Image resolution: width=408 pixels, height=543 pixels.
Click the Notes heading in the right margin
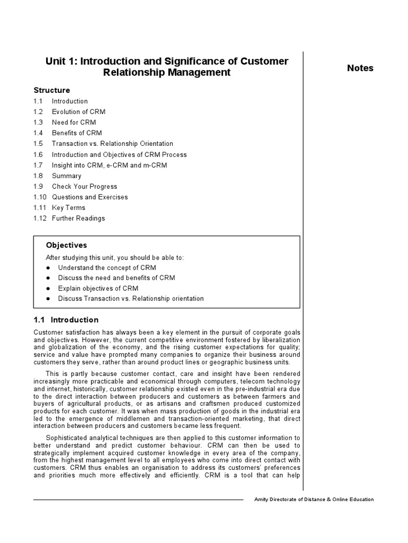click(x=360, y=68)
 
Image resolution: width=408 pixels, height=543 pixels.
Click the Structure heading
click(x=52, y=90)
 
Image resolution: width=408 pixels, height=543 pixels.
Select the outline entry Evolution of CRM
click(x=78, y=112)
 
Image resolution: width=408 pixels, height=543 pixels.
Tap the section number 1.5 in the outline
click(x=38, y=144)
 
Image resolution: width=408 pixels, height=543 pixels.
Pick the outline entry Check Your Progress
click(x=84, y=187)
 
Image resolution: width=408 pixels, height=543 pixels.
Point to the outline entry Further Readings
click(x=78, y=218)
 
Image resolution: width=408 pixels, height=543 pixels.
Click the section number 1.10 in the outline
click(x=39, y=197)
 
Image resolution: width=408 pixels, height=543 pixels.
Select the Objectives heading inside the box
click(x=66, y=246)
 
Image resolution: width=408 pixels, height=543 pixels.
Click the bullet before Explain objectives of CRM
click(x=48, y=288)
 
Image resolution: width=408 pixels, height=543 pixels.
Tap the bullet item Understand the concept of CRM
click(x=107, y=268)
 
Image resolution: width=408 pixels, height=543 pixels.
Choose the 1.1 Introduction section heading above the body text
click(x=66, y=320)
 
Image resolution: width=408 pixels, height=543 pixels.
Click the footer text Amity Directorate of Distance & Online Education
click(x=314, y=500)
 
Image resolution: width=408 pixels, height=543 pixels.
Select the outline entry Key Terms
click(x=68, y=208)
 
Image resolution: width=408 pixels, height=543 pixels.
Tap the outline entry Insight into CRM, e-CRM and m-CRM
click(x=109, y=165)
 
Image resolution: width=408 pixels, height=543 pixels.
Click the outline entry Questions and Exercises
click(x=89, y=197)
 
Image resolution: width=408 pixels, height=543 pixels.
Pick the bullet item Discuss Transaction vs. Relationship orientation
click(x=131, y=299)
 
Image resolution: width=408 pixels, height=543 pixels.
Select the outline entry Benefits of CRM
click(x=76, y=133)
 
